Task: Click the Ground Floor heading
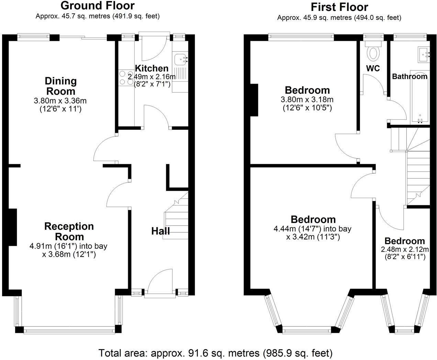tap(98, 6)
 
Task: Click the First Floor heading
tap(339, 7)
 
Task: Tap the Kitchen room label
tap(152, 68)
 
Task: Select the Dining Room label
tap(60, 86)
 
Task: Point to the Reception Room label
tap(64, 231)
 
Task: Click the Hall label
tap(160, 231)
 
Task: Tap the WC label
tap(373, 68)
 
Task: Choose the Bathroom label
tap(410, 76)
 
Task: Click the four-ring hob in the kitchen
tap(123, 77)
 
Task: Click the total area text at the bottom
tap(215, 353)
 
